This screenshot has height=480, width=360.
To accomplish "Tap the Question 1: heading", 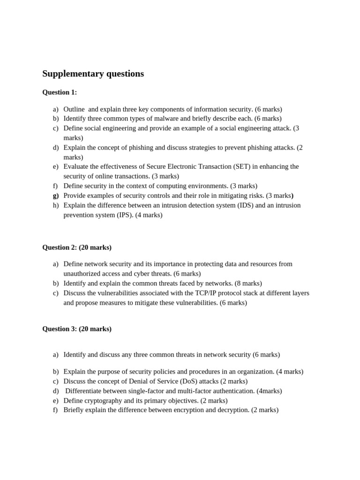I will [x=60, y=92].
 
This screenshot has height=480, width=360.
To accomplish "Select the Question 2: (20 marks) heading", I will [x=77, y=247].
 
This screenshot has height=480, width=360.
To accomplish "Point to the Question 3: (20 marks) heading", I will [x=77, y=329].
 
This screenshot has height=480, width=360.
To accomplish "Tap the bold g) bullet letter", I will [x=56, y=196].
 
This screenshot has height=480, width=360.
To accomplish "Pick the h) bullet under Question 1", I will [x=56, y=205].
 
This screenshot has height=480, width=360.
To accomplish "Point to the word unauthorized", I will [x=85, y=274].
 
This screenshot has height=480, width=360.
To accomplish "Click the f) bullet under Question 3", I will [x=56, y=410].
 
